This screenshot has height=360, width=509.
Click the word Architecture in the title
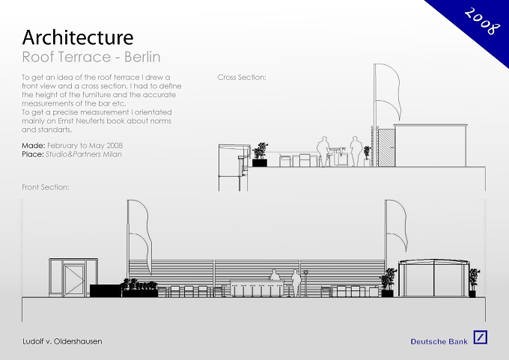point(78,37)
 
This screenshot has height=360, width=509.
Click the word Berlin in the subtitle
point(142,57)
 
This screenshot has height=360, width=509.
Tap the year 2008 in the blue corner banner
point(482,21)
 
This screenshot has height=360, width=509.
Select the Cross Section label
point(242,77)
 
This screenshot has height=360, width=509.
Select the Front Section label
point(46,187)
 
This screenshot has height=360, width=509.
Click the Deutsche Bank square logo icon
point(480,338)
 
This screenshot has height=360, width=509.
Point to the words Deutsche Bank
point(439,341)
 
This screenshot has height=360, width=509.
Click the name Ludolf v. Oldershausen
point(62,341)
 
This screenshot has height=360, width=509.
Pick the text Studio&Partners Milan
point(84,154)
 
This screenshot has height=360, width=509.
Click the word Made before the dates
point(34,145)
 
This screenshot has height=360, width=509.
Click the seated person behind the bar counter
point(275,275)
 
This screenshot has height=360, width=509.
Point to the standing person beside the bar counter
point(296,283)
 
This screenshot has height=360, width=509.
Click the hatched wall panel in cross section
point(386,147)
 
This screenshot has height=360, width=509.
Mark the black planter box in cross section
point(260,162)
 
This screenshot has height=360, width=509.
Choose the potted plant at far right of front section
point(474,282)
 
